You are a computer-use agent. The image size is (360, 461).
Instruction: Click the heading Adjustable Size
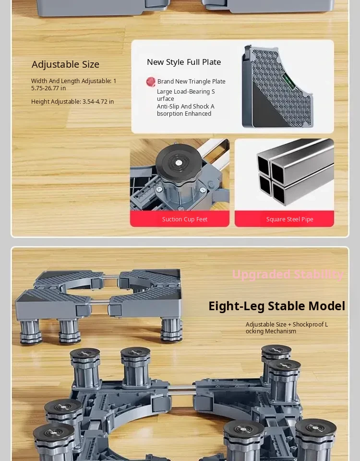coord(66,64)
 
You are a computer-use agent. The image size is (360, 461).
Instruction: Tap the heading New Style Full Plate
coord(184,62)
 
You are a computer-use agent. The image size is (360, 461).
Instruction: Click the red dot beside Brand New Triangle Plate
coord(151,82)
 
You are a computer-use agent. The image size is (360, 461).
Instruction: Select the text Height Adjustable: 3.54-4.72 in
coord(72,102)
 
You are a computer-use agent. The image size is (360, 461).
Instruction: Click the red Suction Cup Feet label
coord(180,219)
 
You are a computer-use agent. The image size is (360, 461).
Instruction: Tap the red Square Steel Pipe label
coord(284,219)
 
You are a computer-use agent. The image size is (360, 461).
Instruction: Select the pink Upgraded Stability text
coord(288,274)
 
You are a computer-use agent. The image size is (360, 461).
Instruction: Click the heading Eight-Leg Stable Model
coord(277,306)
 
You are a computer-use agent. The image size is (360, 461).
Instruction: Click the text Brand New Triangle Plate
coord(192,82)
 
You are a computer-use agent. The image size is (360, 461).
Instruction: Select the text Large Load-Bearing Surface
coord(186,95)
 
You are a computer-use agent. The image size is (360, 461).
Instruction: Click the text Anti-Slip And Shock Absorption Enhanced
coord(186,110)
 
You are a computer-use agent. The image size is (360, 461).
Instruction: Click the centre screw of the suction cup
coord(179,163)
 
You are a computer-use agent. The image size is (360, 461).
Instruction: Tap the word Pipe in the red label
coord(307,219)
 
